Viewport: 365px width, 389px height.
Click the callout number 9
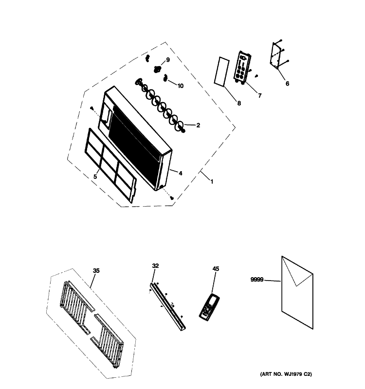click(168, 60)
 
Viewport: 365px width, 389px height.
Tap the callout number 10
click(181, 86)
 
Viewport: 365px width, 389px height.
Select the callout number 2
click(198, 125)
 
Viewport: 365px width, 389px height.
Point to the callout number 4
click(180, 173)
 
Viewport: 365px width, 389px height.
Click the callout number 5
click(95, 176)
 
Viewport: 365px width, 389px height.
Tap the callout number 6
click(287, 84)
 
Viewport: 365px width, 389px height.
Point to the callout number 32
click(155, 265)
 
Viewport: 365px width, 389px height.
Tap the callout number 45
click(216, 268)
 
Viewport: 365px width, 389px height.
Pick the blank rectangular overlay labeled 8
click(222, 72)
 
